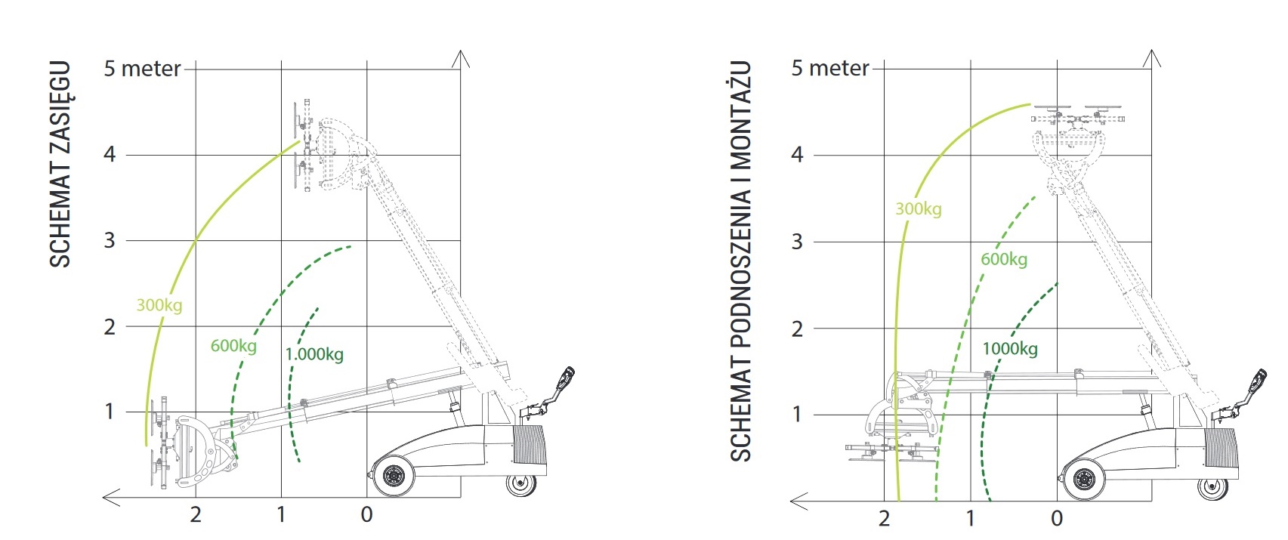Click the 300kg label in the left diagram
[x=159, y=305]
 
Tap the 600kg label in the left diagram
[x=233, y=346]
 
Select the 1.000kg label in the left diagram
[x=314, y=353]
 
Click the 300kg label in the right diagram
[x=919, y=208]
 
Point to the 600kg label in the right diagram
[x=1004, y=259]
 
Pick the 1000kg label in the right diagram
[x=1010, y=348]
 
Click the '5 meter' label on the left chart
[x=142, y=69]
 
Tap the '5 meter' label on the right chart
[x=829, y=69]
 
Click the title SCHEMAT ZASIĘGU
[x=60, y=164]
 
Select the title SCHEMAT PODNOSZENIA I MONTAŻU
[x=740, y=261]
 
